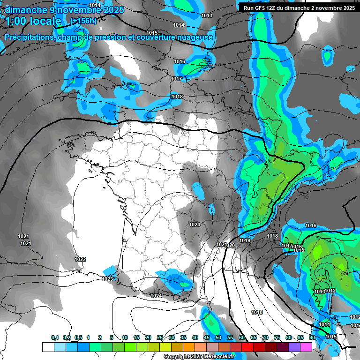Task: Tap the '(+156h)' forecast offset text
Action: click(83, 21)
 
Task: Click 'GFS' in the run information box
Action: click(260, 8)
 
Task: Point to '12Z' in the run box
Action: click(273, 8)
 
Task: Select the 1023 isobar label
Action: click(107, 279)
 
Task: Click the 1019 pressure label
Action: click(245, 240)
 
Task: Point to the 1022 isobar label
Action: click(80, 259)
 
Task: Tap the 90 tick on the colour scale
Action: click(312, 338)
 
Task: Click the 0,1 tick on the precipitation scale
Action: click(55, 338)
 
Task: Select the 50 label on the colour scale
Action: click(218, 338)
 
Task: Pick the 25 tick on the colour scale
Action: click(160, 338)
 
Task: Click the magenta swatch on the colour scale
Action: click(306, 347)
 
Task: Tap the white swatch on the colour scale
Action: click(48, 347)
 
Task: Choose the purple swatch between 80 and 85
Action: click(294, 347)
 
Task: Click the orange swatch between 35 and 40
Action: click(189, 347)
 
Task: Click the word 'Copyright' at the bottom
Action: click(177, 357)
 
